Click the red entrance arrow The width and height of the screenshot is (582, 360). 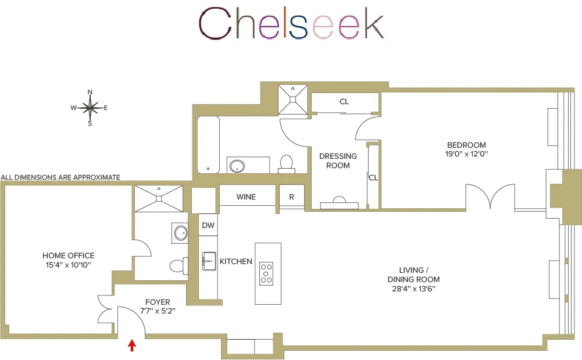[x=132, y=345]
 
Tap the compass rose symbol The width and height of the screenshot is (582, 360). [x=90, y=108]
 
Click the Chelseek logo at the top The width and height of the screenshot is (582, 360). [x=291, y=24]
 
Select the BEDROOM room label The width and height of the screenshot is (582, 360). [x=466, y=145]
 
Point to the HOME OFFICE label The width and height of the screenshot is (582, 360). [x=68, y=256]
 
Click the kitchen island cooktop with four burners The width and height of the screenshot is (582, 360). [x=267, y=273]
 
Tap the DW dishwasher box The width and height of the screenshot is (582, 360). [x=208, y=225]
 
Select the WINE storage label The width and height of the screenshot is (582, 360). [x=246, y=197]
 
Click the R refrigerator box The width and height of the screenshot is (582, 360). [x=292, y=197]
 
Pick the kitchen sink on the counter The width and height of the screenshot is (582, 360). [x=208, y=262]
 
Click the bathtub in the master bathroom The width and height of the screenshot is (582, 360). [x=208, y=145]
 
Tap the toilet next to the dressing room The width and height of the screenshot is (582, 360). [x=286, y=163]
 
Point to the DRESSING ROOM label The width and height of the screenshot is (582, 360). [x=338, y=161]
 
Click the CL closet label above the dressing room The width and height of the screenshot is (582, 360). [x=344, y=102]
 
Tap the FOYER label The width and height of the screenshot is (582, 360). [x=158, y=302]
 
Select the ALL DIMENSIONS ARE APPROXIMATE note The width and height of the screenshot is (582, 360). [x=60, y=177]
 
